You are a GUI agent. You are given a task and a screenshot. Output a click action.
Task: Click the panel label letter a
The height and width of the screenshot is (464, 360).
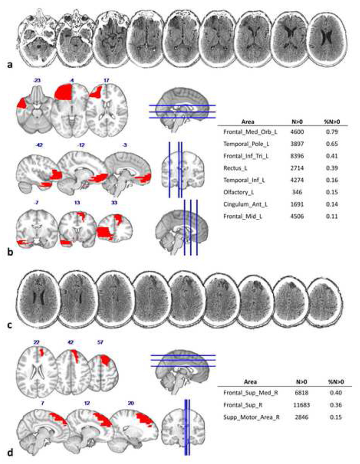(x=10, y=65)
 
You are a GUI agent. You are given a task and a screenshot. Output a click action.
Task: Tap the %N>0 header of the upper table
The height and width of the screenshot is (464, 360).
(x=332, y=121)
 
